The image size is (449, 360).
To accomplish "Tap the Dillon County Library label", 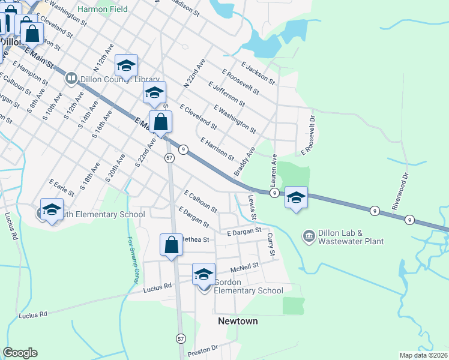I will (114, 79).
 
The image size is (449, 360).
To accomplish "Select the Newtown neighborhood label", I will (238, 321).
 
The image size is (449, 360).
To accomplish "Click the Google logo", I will (20, 353).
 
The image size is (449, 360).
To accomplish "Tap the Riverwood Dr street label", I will (400, 191).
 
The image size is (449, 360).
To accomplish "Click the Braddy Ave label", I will (244, 161).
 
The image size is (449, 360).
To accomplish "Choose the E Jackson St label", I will (258, 73).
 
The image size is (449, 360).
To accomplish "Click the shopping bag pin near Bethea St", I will (171, 245).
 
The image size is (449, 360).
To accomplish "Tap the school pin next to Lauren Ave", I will (296, 197).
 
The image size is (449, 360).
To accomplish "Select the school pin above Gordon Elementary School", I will (203, 274).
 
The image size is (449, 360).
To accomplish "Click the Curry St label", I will (271, 246).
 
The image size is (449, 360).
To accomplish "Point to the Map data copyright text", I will (424, 355).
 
